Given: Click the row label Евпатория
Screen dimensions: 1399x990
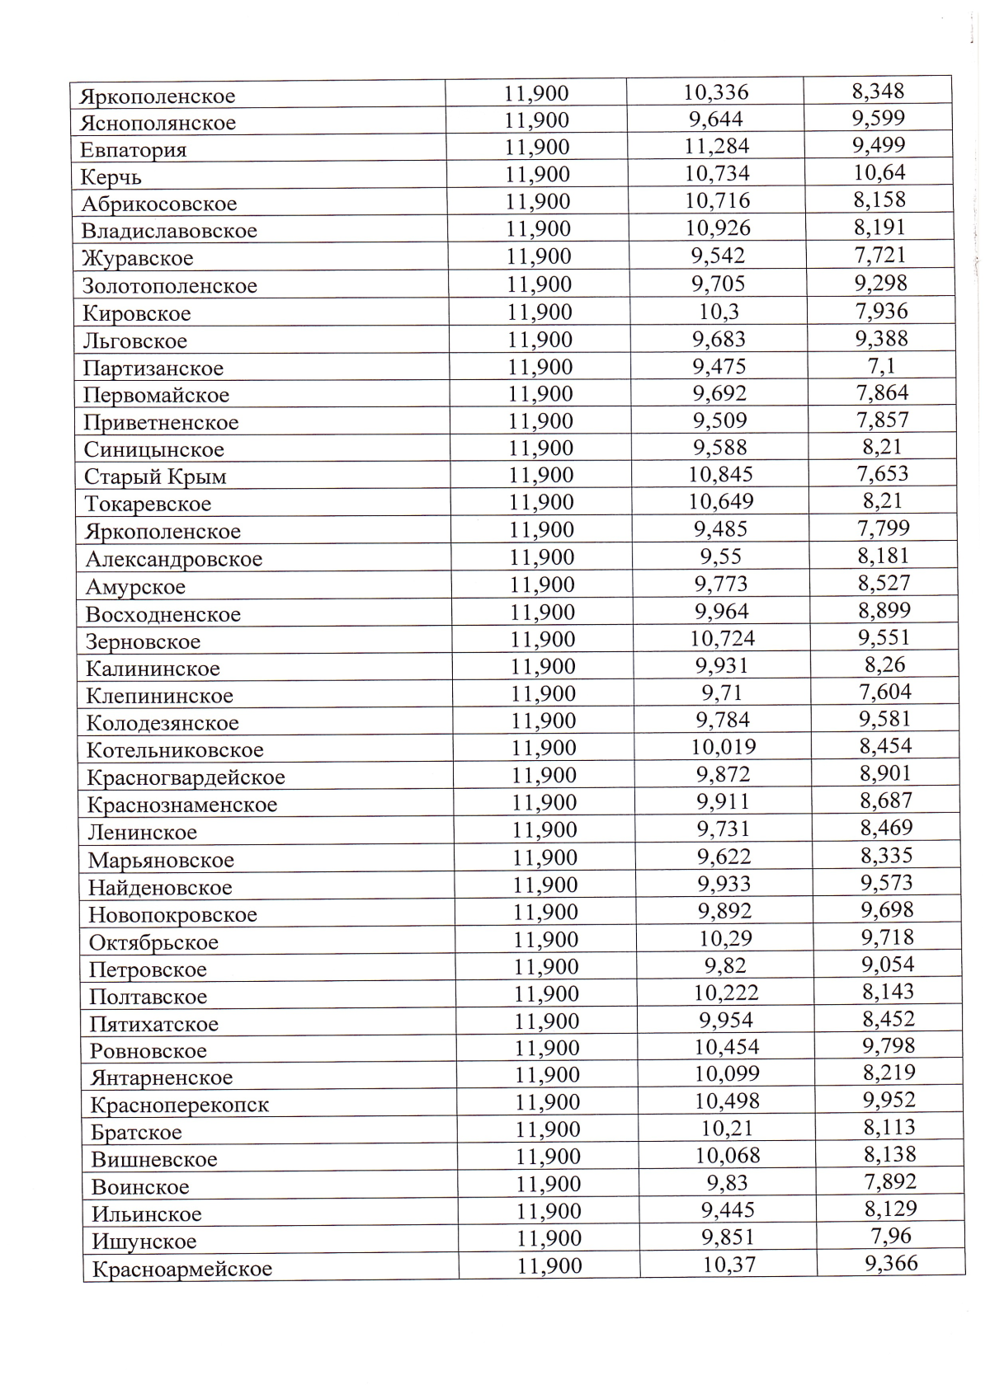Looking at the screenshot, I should pyautogui.click(x=134, y=150).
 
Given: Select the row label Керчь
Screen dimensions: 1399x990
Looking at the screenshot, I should pyautogui.click(x=111, y=177).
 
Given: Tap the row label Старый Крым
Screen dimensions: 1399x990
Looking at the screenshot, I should pyautogui.click(x=155, y=477).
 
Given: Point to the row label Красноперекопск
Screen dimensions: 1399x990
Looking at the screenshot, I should pyautogui.click(x=180, y=1105).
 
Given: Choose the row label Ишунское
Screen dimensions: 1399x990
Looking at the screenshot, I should pyautogui.click(x=144, y=1242).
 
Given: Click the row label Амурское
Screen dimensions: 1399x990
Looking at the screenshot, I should pyautogui.click(x=135, y=587).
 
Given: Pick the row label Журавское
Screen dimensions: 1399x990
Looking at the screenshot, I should pyautogui.click(x=138, y=258).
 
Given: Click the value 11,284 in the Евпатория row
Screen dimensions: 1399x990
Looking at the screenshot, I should pyautogui.click(x=715, y=146).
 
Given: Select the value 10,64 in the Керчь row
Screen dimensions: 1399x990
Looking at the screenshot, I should pyautogui.click(x=879, y=172).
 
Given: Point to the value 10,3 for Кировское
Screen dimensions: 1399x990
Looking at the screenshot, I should pyautogui.click(x=719, y=312).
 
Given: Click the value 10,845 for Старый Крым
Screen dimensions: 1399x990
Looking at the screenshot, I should pyautogui.click(x=720, y=474).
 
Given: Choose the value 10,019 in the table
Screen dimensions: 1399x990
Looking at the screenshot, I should pyautogui.click(x=724, y=747).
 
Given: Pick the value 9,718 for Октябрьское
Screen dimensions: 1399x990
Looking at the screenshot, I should pyautogui.click(x=888, y=937).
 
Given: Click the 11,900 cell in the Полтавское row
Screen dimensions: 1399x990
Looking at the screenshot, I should pyautogui.click(x=546, y=994).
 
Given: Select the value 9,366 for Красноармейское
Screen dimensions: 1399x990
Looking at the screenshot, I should pyautogui.click(x=891, y=1263).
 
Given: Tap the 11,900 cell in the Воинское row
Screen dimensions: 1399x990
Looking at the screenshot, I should pyautogui.click(x=549, y=1184).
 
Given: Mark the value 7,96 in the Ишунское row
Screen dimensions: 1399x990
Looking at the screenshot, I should pyautogui.click(x=891, y=1236).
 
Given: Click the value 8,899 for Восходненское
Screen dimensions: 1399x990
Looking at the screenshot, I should pyautogui.click(x=884, y=611).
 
